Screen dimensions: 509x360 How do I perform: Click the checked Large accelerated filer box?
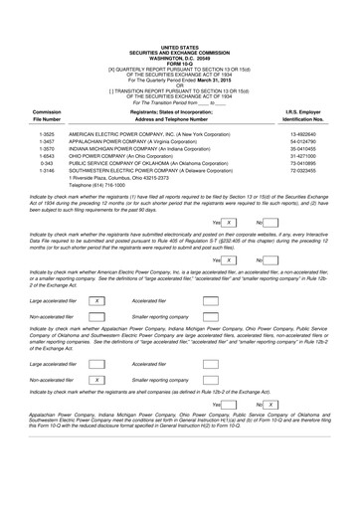click(95, 299)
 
